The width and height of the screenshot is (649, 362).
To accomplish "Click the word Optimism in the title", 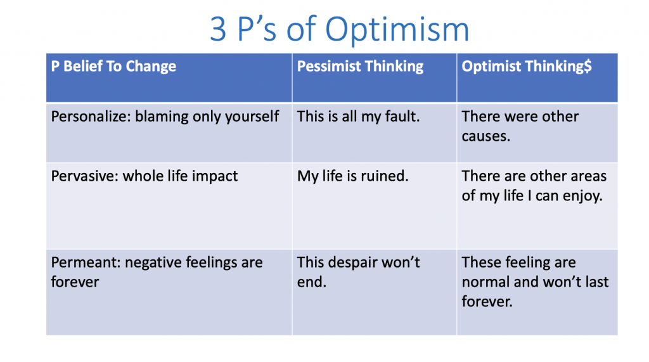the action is (x=397, y=29).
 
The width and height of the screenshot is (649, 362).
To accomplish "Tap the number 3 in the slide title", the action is (x=218, y=29).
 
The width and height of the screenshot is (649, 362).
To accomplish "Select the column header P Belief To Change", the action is (x=113, y=67).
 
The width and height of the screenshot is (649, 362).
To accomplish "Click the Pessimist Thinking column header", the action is (x=360, y=67).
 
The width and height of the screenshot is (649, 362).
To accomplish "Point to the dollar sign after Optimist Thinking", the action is (x=588, y=67).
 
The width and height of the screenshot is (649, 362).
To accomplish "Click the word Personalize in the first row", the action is (x=91, y=117).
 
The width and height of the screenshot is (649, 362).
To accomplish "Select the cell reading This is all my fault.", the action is (x=359, y=117).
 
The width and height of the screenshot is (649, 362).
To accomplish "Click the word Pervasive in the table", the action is (x=85, y=176).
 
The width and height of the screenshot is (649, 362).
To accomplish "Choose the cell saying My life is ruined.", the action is (x=352, y=176).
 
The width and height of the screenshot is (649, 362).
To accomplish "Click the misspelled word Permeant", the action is (x=86, y=262).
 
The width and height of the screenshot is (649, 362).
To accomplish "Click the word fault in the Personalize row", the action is (x=402, y=117).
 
